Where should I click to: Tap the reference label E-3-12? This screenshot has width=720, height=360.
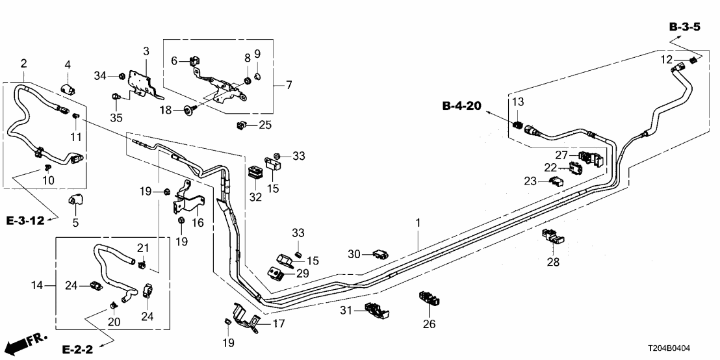[x=25, y=221]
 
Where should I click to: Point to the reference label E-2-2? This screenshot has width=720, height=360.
[x=78, y=350]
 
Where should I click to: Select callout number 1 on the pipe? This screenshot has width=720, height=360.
[x=418, y=223]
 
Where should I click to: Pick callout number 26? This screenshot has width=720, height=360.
[x=430, y=323]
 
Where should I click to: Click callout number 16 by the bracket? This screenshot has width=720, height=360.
[x=197, y=222]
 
